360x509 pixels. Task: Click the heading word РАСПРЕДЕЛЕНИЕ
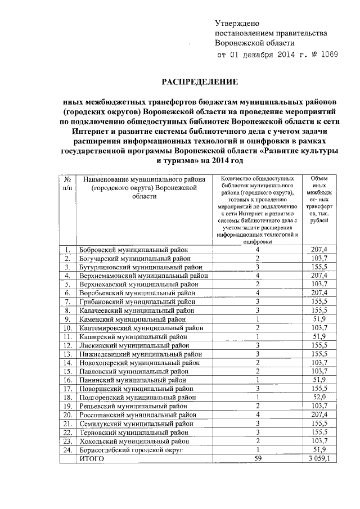[200, 82]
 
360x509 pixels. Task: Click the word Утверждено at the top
[236, 23]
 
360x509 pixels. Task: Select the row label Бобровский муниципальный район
[133, 249]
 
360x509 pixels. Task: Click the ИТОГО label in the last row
[92, 459]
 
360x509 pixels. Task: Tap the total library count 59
[257, 459]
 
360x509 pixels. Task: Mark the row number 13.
[67, 354]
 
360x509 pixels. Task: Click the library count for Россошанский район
[257, 415]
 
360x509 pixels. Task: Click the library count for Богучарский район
[257, 258]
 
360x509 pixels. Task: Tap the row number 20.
[67, 415]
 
